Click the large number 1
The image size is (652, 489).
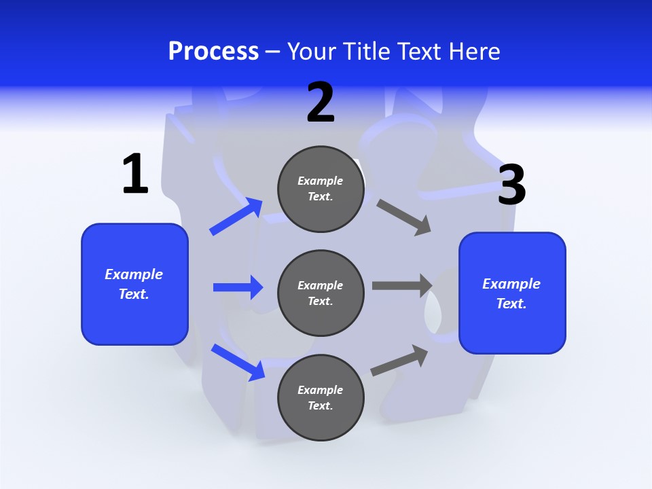point(135,174)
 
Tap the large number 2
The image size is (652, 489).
point(321,103)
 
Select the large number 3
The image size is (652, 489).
point(511,185)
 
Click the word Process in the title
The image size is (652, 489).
point(213,51)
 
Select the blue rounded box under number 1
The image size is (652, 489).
point(134,284)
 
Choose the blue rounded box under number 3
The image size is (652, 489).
point(512,293)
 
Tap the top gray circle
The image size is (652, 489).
point(321,189)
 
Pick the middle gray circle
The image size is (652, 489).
point(321,293)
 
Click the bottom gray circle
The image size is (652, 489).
point(321,397)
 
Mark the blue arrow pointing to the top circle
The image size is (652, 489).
point(236,217)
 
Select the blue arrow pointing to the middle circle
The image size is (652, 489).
point(238,287)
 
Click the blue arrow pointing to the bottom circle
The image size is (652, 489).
point(238,361)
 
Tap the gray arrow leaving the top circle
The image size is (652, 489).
point(404,217)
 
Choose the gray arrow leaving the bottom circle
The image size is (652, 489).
point(399,360)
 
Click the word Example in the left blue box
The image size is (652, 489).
point(134,274)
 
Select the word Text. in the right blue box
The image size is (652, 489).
point(511,304)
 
